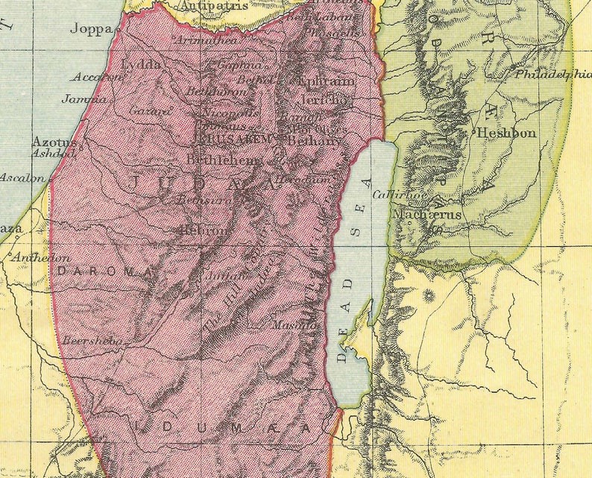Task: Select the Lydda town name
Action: (141, 63)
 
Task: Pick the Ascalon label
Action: (22, 177)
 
